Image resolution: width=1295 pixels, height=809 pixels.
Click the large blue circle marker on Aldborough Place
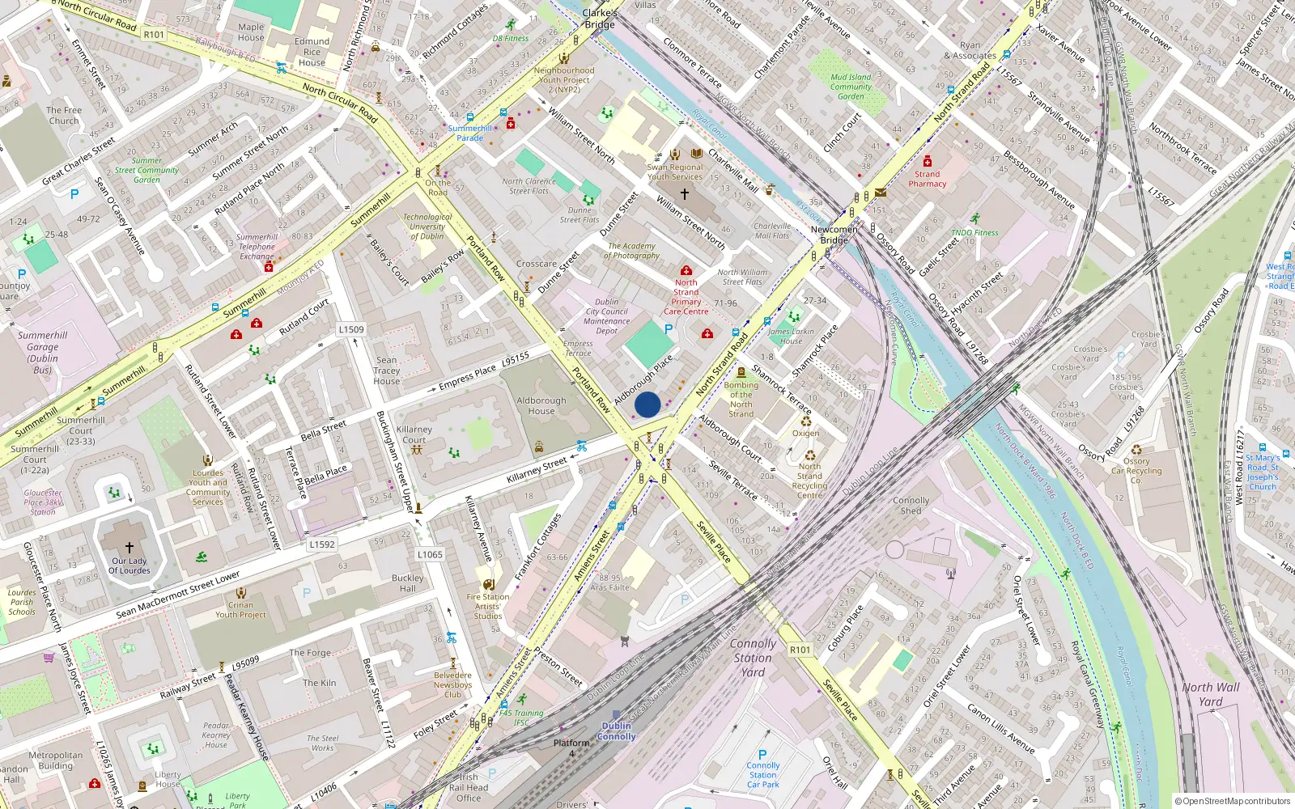647,404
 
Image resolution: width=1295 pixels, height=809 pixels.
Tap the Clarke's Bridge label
600,19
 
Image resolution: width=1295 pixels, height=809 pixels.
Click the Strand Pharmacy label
928,179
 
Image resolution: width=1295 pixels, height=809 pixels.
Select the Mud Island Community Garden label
851,87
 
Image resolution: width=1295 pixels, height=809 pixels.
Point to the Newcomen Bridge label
834,235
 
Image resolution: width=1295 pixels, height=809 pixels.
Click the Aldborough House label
541,405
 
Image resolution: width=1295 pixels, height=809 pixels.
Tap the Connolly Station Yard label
753,657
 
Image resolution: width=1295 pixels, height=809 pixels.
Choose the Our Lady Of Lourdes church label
129,565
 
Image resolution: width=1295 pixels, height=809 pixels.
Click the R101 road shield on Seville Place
800,650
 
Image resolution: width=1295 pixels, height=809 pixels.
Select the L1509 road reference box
351,329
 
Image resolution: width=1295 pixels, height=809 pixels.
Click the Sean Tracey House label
387,371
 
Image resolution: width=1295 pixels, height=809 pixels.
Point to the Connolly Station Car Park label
762,774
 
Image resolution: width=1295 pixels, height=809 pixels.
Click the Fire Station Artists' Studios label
488,606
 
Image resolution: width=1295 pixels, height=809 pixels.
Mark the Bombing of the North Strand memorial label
741,400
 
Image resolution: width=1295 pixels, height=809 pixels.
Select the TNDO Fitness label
974,232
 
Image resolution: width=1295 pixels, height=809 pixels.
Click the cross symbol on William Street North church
685,194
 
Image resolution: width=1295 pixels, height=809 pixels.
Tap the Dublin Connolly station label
617,731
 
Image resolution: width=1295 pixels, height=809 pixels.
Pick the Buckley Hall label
408,583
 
